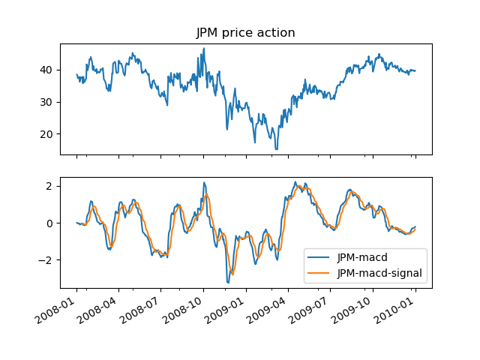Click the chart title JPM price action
tap(245, 33)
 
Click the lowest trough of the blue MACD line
tap(228, 283)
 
